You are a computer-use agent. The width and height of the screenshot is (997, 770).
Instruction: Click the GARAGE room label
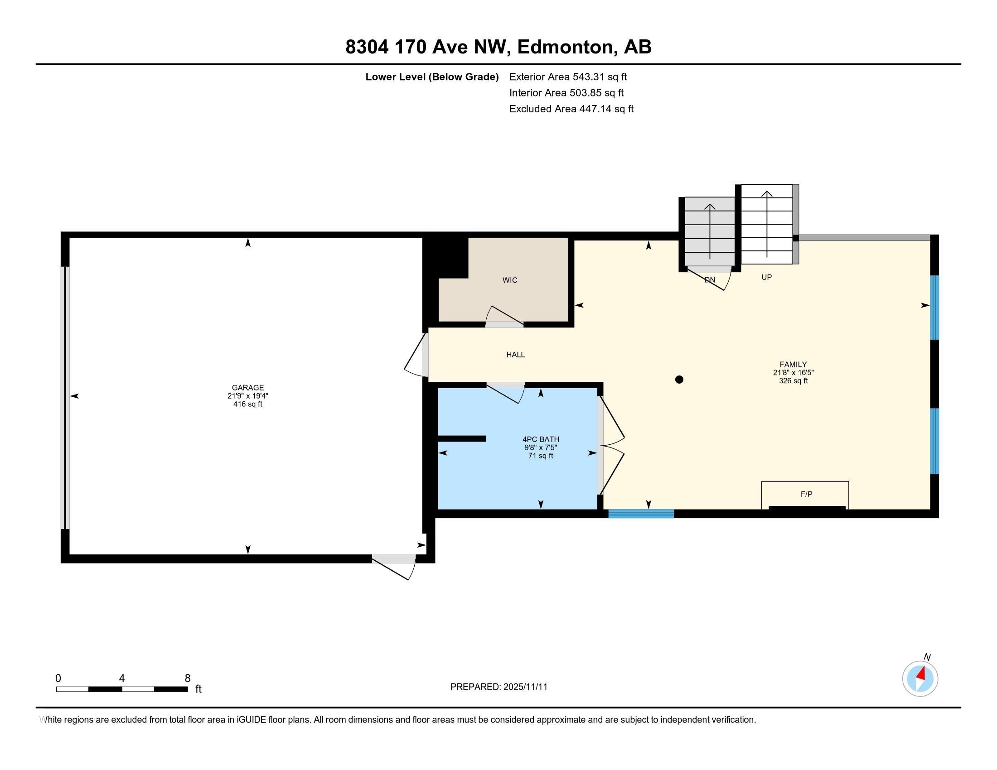247,388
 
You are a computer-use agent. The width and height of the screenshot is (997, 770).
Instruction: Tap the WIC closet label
509,280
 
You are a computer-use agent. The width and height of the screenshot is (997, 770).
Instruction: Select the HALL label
515,355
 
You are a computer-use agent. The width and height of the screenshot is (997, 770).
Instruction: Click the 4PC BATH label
541,439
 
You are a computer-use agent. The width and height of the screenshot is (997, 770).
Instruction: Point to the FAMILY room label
793,365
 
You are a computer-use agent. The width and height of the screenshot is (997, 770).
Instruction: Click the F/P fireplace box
806,495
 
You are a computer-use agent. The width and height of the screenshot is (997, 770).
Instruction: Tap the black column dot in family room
679,380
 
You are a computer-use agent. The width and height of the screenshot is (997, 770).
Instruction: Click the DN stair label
709,280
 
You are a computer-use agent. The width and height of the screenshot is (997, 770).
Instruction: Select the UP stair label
766,277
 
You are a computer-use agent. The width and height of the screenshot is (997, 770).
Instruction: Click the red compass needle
921,674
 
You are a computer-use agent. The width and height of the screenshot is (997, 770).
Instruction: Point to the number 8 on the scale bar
187,679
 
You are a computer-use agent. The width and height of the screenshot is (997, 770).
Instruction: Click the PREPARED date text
498,687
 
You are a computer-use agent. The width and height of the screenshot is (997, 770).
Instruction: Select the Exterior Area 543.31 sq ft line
568,77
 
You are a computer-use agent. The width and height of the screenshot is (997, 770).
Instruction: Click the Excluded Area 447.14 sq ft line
571,109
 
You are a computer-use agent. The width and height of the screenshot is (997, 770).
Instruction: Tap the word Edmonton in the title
565,47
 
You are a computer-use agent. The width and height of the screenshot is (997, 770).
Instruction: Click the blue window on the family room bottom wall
641,514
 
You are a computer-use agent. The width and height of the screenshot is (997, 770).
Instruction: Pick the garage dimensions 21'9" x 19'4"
247,396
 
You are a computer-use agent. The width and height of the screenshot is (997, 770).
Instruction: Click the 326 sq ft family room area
793,380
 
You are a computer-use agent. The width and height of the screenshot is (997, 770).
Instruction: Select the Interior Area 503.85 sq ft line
566,92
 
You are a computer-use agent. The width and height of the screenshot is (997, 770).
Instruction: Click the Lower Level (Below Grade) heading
431,77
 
